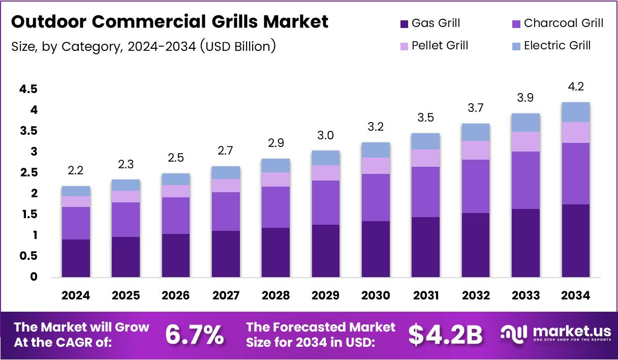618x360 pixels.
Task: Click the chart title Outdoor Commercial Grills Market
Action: (x=170, y=22)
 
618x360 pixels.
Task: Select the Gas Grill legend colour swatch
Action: (x=405, y=23)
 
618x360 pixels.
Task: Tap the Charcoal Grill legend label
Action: (x=564, y=23)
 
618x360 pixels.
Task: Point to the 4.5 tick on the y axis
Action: (x=28, y=89)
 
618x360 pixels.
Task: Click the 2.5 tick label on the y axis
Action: (x=28, y=173)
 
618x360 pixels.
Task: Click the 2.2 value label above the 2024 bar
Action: (x=76, y=171)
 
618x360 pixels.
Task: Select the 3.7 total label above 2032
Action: (x=476, y=108)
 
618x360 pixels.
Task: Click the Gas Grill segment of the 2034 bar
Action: (x=576, y=241)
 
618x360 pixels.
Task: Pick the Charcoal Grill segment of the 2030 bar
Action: (x=376, y=197)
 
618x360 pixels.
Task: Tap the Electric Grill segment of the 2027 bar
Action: (x=226, y=172)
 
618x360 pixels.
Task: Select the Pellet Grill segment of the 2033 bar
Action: (x=526, y=141)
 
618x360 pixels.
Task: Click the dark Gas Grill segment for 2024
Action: (x=76, y=258)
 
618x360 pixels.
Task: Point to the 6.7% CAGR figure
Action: (x=195, y=335)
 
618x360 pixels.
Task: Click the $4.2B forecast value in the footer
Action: (x=445, y=335)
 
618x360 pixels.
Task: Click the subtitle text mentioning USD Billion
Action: (x=143, y=46)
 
